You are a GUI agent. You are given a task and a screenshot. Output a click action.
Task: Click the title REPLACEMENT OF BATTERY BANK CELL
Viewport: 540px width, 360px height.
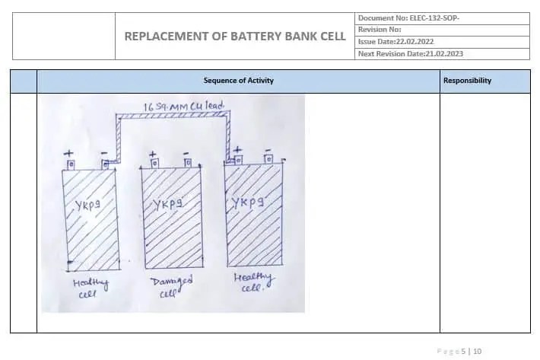(x=234, y=37)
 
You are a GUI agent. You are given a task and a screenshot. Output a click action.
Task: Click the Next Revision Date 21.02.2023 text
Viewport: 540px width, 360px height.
(x=410, y=54)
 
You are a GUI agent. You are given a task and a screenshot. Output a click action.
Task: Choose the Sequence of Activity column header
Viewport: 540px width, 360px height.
(x=238, y=81)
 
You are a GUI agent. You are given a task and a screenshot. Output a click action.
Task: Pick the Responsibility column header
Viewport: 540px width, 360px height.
(x=467, y=81)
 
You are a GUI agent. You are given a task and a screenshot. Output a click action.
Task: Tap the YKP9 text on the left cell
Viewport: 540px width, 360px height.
(x=89, y=205)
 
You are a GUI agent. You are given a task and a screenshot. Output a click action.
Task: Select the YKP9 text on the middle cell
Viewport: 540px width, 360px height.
(x=168, y=204)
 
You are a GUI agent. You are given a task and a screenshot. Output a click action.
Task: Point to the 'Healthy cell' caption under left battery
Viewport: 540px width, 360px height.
(x=91, y=288)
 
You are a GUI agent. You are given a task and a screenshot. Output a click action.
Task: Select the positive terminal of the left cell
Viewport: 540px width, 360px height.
(x=71, y=164)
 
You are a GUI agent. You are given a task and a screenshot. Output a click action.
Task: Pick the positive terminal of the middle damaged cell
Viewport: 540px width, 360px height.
(x=154, y=162)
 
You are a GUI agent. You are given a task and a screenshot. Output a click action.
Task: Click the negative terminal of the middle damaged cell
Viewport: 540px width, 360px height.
(x=186, y=162)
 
